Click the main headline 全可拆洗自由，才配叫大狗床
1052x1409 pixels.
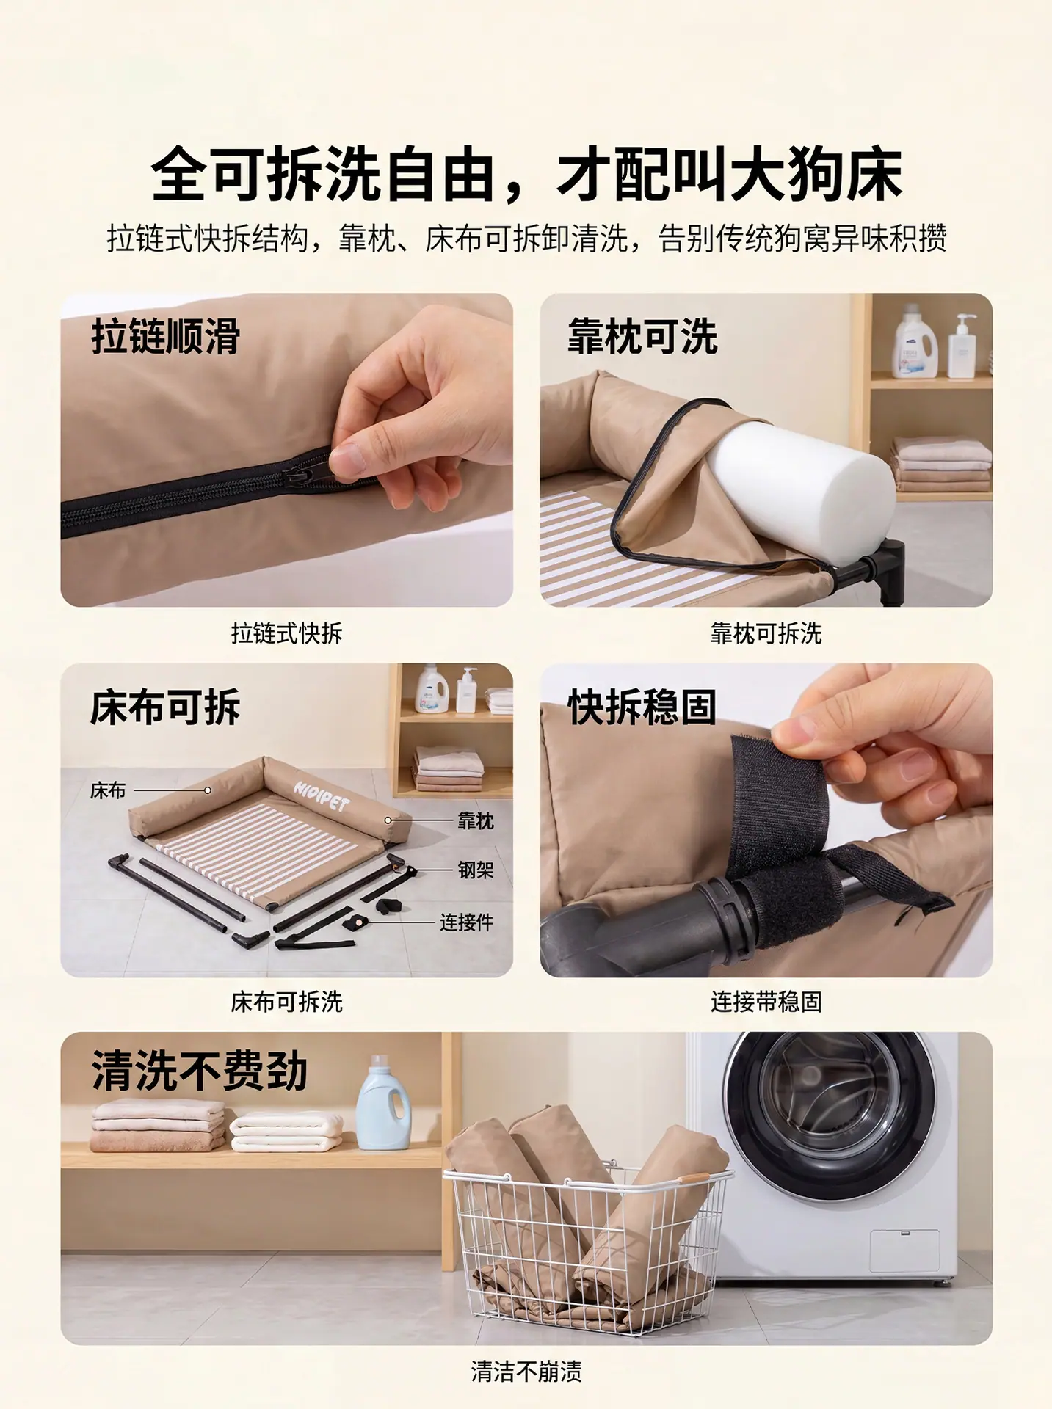526,174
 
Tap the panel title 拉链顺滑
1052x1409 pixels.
166,337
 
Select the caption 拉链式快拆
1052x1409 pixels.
286,633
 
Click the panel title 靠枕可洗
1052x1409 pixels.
642,337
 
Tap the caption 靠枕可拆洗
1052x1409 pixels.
766,633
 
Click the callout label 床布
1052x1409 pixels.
108,790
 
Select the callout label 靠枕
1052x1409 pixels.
476,820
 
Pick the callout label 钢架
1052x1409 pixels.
476,870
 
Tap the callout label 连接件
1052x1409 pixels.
466,922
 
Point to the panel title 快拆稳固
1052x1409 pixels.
642,707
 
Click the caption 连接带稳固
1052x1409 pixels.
766,1002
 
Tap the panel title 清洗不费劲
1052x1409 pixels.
199,1071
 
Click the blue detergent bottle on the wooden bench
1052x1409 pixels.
383,1103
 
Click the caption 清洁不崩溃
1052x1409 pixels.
526,1371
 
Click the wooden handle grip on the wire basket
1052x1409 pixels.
694,1176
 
